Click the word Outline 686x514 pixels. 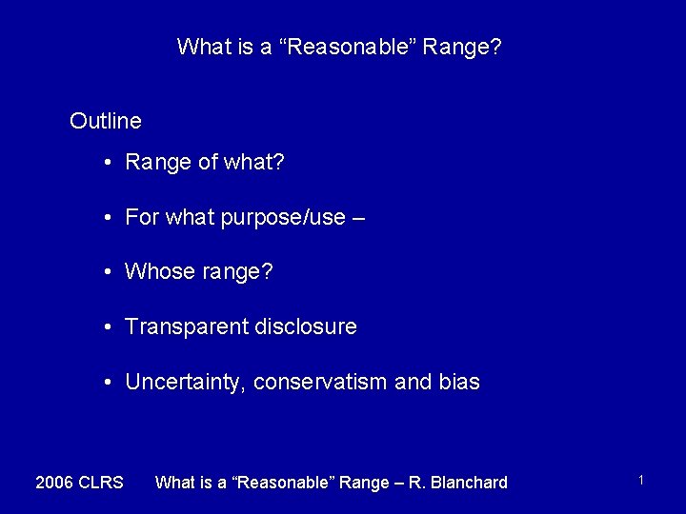point(106,121)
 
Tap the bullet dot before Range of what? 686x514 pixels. point(111,163)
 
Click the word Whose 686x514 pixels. point(159,272)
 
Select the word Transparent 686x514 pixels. point(186,327)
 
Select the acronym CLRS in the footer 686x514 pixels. point(101,483)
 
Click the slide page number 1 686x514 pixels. point(641,481)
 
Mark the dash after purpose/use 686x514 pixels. point(358,218)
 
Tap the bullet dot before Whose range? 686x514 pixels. point(111,273)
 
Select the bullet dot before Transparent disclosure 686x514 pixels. point(111,328)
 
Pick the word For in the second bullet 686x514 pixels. point(141,218)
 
